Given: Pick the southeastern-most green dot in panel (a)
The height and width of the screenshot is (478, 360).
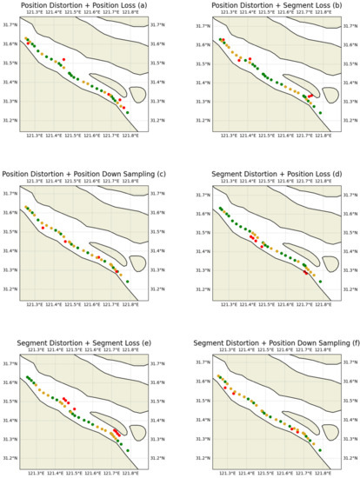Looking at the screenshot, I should (x=127, y=112).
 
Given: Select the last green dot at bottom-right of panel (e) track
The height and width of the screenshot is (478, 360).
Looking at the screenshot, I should (x=127, y=450).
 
